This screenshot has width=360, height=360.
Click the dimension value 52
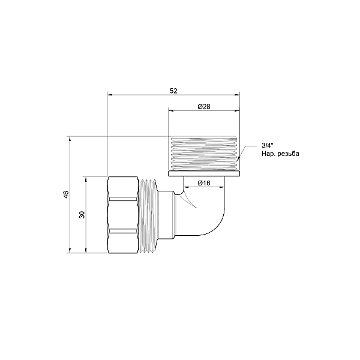point(173,90)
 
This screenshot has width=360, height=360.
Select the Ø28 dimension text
point(203,106)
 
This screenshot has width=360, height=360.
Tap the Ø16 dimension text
point(203,183)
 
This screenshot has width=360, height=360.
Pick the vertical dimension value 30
point(82,214)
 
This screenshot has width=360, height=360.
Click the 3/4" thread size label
point(267,146)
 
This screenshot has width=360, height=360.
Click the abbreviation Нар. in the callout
point(268,154)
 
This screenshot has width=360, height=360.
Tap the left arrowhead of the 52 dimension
point(110,94)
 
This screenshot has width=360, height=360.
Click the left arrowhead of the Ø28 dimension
point(171,111)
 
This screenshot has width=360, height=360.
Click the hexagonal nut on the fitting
point(124,214)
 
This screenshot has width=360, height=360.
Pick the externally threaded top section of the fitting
point(203,153)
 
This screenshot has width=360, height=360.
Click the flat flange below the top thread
point(203,175)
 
